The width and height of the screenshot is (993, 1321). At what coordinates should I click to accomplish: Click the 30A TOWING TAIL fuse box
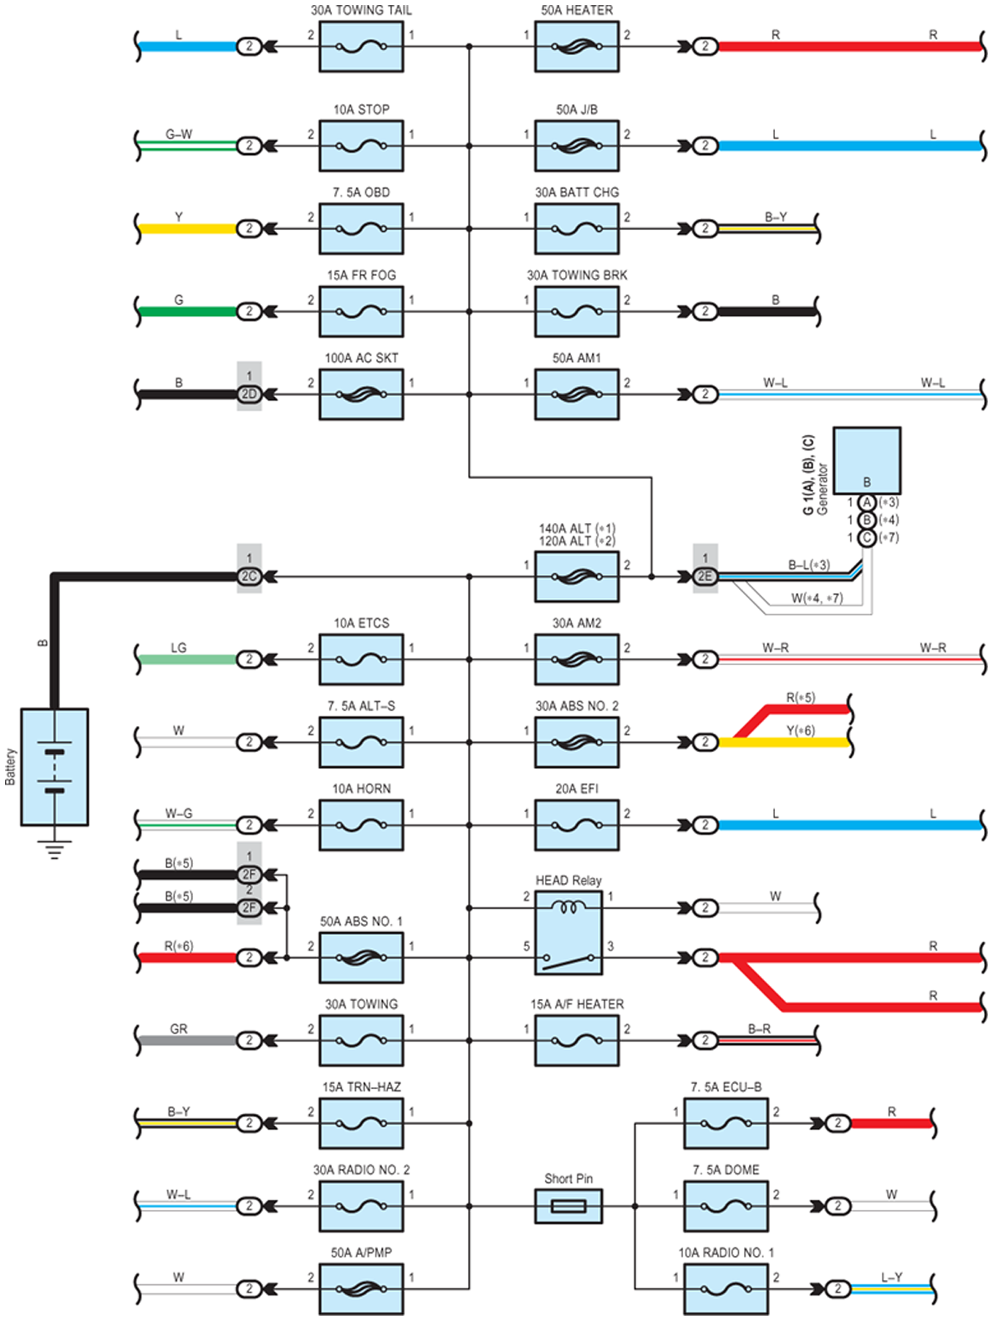361,46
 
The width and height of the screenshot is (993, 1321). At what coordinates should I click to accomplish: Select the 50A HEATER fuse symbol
576,46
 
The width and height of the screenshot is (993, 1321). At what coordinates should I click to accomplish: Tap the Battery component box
54,767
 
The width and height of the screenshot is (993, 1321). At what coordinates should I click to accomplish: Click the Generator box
867,460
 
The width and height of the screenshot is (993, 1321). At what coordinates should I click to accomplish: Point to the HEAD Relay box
568,933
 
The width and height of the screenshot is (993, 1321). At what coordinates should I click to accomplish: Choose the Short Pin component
568,1206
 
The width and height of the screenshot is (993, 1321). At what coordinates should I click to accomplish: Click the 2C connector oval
249,577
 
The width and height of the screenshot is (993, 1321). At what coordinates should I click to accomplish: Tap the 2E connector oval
705,577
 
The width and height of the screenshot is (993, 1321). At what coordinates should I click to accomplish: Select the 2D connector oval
249,394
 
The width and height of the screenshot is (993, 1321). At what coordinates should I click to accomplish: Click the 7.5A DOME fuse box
726,1206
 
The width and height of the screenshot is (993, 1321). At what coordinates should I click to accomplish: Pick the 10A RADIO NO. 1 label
726,1252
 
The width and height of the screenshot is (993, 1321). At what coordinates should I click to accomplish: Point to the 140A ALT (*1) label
577,528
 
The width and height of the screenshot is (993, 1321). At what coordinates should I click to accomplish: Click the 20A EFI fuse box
576,825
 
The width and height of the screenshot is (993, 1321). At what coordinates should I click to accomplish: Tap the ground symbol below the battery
54,849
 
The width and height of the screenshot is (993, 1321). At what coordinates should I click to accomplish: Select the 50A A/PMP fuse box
361,1289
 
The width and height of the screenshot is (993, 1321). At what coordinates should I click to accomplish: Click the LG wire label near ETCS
178,647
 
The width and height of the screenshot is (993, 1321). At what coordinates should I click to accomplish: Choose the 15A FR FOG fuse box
361,311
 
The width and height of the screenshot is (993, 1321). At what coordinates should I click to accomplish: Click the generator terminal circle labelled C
867,538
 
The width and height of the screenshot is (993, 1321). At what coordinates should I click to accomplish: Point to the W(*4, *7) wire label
817,597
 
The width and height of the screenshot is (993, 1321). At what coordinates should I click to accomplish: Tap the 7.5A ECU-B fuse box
726,1124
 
